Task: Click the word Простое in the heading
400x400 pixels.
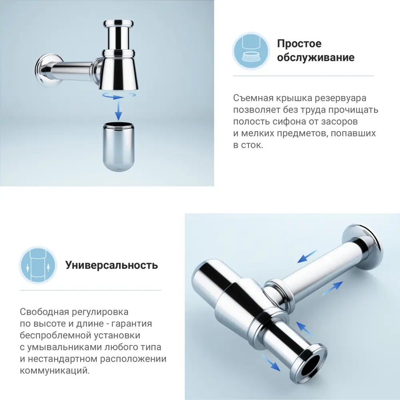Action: pyautogui.click(x=299, y=44)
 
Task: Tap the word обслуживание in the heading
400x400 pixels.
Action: pyautogui.click(x=316, y=57)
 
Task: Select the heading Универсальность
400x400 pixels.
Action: pyautogui.click(x=112, y=265)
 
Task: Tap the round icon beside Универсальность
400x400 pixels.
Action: pyautogui.click(x=37, y=265)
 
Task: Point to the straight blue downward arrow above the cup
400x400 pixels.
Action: pyautogui.click(x=118, y=110)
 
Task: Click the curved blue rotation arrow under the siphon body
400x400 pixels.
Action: pyautogui.click(x=118, y=96)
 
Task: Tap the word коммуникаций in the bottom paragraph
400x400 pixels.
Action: pyautogui.click(x=54, y=371)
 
